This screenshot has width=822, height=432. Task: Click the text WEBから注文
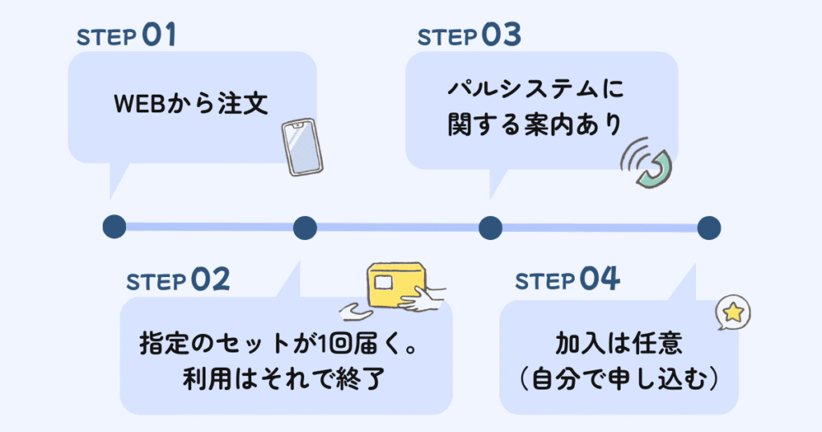[x=190, y=104]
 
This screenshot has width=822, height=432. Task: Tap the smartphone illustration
[x=303, y=146]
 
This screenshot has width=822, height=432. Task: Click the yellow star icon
[x=732, y=313]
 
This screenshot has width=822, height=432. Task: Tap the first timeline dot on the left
[x=115, y=227]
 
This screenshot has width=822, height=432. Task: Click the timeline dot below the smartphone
[x=305, y=227]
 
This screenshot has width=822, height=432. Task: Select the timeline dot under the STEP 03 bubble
[x=490, y=227]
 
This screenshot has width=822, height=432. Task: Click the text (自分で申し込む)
[x=618, y=378]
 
